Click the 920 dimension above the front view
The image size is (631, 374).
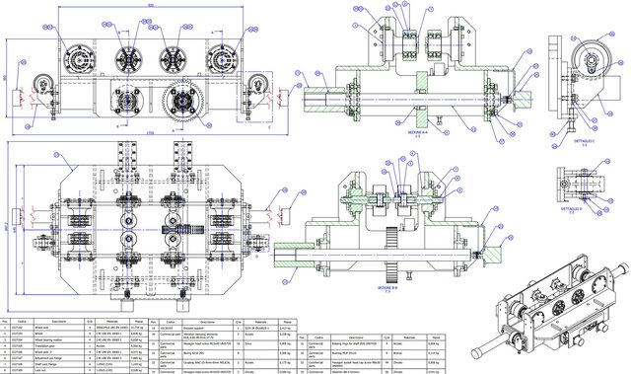point(148,5)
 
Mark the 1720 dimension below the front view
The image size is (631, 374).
point(148,131)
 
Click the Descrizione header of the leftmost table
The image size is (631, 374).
point(58,321)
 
